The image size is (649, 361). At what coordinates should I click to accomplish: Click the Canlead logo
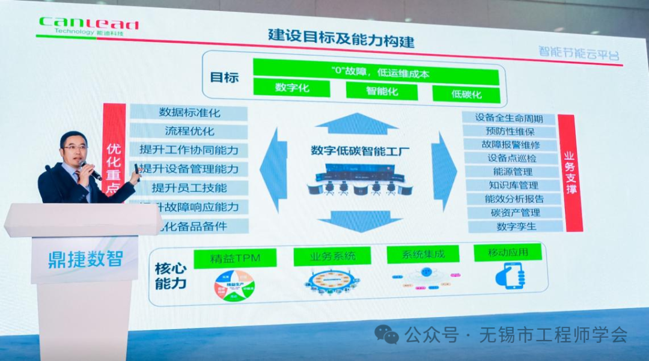click(x=88, y=25)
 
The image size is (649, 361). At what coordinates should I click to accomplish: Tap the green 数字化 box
click(x=291, y=88)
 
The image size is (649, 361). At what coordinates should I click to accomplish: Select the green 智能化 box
click(x=382, y=91)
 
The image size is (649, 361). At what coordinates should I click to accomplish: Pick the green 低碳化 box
click(x=466, y=94)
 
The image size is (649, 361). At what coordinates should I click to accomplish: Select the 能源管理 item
click(x=513, y=172)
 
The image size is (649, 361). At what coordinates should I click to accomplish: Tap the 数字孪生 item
click(x=515, y=226)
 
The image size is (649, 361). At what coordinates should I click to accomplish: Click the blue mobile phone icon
click(x=510, y=276)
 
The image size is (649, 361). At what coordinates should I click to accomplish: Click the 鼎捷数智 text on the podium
click(x=85, y=259)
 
